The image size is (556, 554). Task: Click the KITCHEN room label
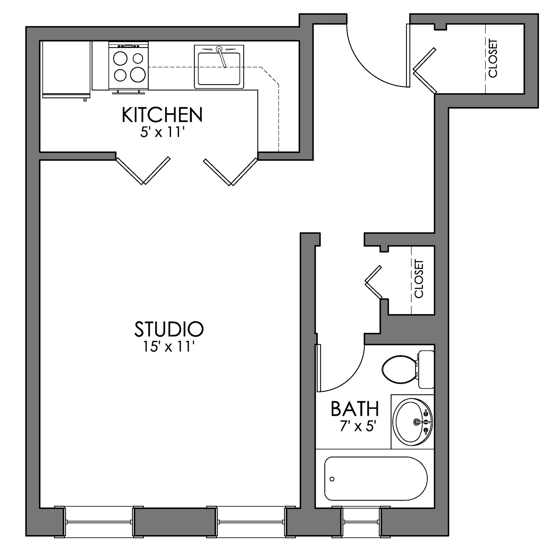pos(162,115)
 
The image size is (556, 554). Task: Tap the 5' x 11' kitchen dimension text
pos(162,133)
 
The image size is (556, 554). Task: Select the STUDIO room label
pos(169,329)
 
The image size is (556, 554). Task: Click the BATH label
pos(355,409)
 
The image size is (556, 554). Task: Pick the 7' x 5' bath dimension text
pos(358,426)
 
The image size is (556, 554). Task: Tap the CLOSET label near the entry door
pos(493,58)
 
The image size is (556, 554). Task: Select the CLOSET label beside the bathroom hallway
pos(419,279)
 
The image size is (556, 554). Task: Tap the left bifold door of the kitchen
pos(143,170)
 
